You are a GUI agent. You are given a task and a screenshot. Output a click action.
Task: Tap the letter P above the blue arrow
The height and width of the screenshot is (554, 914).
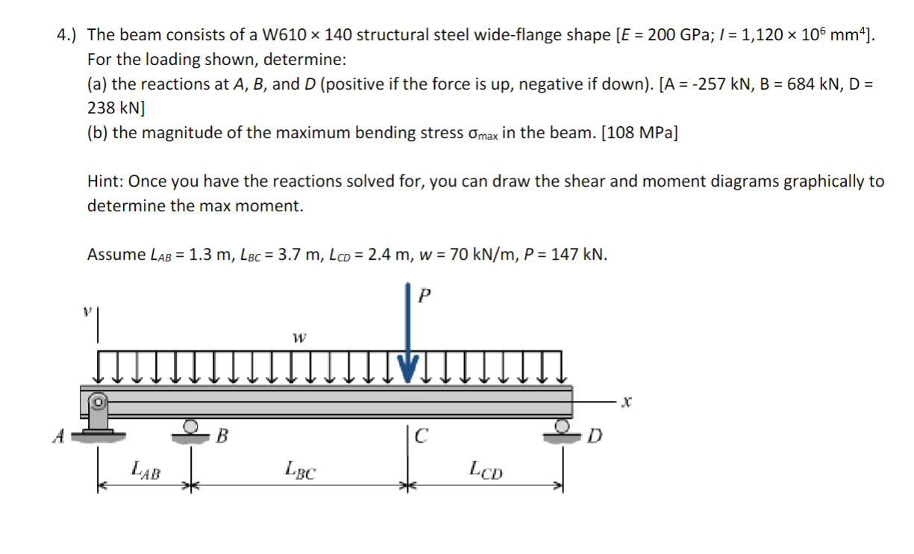point(425,295)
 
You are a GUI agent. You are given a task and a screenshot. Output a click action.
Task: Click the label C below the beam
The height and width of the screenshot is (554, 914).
point(420,435)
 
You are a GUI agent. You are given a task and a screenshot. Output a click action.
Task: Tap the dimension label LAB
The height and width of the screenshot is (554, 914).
point(145,470)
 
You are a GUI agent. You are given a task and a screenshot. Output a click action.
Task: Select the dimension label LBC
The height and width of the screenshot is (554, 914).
point(300,470)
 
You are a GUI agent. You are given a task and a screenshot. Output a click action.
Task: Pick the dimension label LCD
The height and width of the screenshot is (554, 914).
point(486,470)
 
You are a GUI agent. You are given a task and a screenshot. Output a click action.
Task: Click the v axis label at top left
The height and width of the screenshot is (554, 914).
point(88,308)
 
